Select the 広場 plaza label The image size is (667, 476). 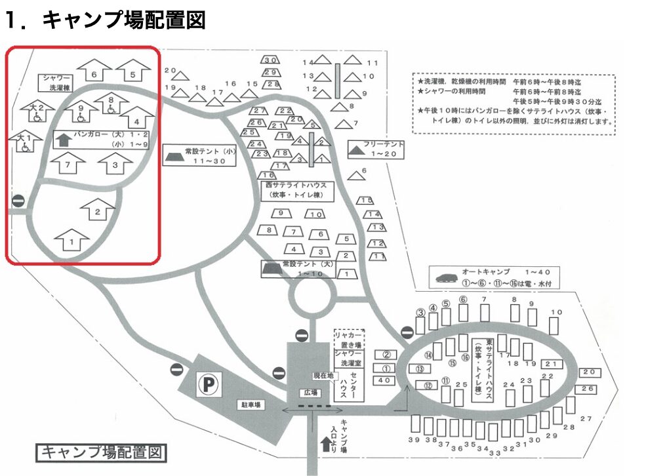[310, 392]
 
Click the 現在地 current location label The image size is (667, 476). [323, 376]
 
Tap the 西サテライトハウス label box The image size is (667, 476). [296, 191]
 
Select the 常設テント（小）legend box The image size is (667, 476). [199, 155]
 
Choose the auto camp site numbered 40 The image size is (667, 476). [385, 380]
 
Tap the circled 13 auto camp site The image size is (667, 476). [420, 368]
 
